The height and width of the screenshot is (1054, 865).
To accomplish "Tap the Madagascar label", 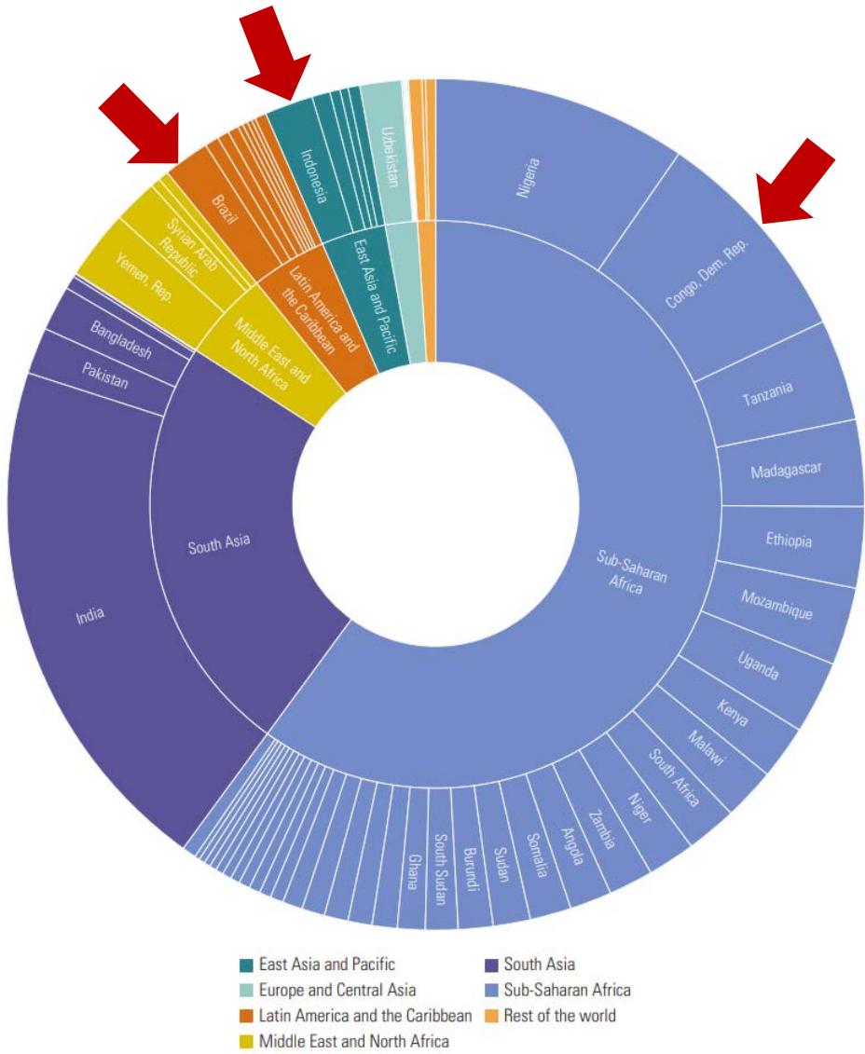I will point(786,471).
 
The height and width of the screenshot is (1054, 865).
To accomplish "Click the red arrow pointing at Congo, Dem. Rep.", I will point(797,181).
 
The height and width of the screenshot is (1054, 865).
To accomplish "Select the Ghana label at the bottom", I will point(411,871).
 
